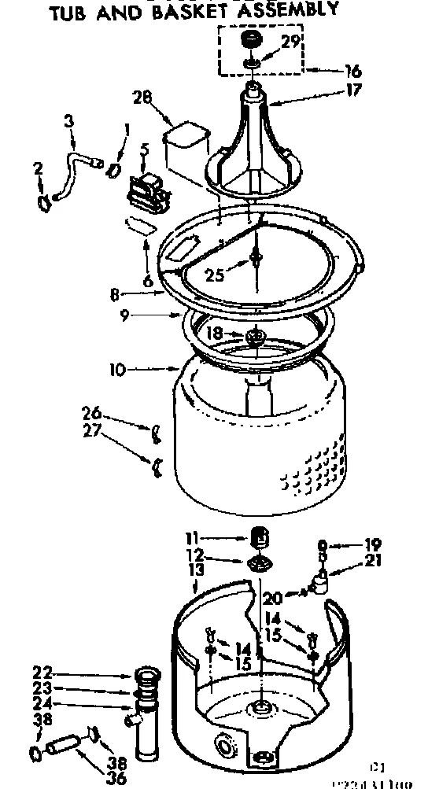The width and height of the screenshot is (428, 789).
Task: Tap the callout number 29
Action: (290, 43)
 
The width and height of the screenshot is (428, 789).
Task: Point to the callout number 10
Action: (117, 368)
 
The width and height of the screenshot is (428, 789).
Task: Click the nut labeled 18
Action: (254, 337)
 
